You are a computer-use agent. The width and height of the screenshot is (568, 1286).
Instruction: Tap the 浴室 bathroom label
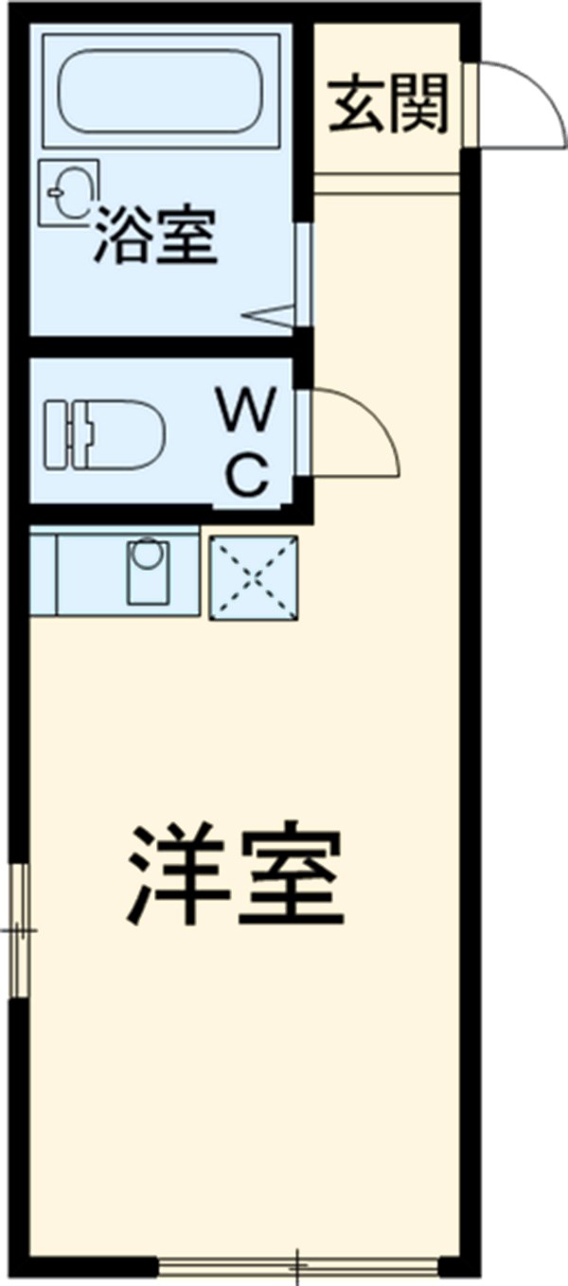[x=155, y=238]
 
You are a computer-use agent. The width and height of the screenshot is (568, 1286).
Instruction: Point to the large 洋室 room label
[x=236, y=876]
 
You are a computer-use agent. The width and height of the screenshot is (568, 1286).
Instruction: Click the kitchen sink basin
[x=146, y=569]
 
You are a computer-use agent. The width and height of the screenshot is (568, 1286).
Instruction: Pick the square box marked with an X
[x=253, y=578]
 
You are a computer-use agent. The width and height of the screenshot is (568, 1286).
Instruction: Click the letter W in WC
[x=249, y=410]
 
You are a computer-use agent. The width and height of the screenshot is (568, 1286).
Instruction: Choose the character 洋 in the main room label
[x=179, y=876]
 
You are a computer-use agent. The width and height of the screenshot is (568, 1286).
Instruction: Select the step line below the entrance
[x=386, y=184]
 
